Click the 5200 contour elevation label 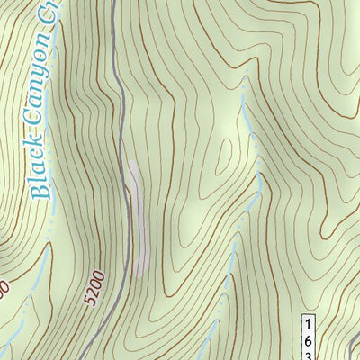click(x=95, y=286)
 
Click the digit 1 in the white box click(x=307, y=323)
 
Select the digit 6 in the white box click(x=307, y=340)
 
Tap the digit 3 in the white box click(x=307, y=355)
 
